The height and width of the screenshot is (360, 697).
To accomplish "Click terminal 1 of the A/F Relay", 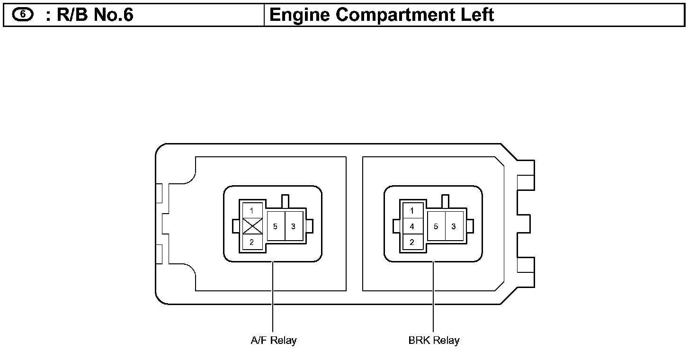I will point(252,210).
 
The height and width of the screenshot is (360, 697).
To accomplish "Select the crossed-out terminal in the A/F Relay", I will point(252,226).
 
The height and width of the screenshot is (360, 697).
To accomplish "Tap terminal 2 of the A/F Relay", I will point(252,243).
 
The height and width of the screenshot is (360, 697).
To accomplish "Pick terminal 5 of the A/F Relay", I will point(275,226).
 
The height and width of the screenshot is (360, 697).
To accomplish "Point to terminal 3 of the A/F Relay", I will point(294,226).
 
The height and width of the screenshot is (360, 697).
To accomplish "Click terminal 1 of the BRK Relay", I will point(412,210).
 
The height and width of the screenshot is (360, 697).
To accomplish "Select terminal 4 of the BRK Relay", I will point(412,226).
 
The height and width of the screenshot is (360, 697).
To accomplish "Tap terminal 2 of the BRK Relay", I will point(412,243).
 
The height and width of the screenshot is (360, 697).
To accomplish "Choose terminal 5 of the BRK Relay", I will point(436,226).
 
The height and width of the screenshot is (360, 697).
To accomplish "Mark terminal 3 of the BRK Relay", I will point(454,226).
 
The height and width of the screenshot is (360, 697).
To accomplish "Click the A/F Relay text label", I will point(273,340).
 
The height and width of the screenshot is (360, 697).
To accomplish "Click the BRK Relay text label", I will point(434,340).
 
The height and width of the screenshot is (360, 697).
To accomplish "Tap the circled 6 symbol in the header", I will point(23,15).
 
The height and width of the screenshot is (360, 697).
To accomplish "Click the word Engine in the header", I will point(300,15).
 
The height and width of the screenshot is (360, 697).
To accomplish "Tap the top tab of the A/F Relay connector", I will point(285,200).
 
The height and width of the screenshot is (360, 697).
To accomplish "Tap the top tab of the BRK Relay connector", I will point(445,200).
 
